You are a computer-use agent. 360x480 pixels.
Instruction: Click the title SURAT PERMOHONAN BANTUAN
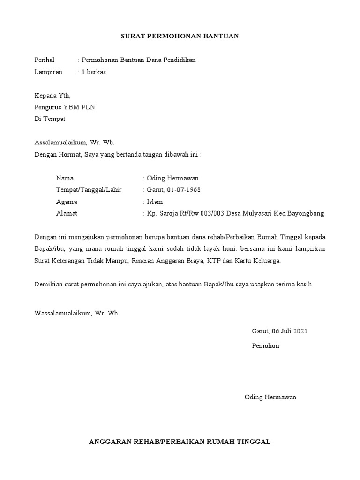180,36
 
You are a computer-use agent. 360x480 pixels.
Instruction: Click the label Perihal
45,60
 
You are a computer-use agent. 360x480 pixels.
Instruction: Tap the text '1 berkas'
94,72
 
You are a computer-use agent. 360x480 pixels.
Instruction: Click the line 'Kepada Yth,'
52,96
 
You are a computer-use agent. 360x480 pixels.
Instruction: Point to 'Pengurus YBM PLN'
65,107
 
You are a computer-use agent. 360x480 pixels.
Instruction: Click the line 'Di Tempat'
50,119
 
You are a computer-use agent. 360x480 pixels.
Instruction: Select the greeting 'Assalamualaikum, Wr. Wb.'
75,142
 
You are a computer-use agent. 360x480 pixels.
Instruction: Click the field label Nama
65,178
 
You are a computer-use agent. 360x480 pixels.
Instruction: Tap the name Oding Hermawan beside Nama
172,178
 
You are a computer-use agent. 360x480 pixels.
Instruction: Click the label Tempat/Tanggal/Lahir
89,190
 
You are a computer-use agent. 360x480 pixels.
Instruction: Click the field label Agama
67,202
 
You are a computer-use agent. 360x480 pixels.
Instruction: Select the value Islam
155,202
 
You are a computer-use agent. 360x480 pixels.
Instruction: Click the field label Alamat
67,213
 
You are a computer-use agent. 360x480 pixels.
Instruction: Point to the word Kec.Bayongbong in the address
300,213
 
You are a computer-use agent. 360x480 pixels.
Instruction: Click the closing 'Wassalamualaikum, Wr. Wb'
76,313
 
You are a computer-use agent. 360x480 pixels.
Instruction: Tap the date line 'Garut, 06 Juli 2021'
279,331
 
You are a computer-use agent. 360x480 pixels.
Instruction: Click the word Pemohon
265,346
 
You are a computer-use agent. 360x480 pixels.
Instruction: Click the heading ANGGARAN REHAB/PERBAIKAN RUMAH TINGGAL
180,442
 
